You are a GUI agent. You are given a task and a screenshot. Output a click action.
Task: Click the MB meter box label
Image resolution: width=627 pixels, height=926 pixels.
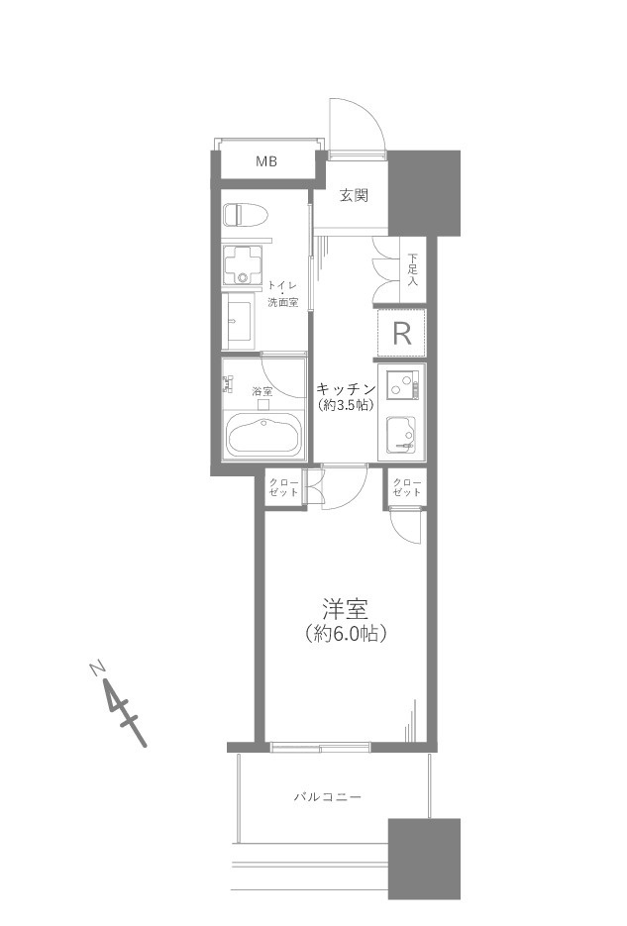tap(266, 160)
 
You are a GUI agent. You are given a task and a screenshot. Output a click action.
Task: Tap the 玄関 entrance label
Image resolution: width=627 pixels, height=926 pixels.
tap(354, 195)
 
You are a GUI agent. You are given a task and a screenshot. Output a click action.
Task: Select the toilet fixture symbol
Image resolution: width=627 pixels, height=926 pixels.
tap(245, 215)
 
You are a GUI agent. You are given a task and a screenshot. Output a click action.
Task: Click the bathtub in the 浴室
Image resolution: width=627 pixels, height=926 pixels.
tap(263, 435)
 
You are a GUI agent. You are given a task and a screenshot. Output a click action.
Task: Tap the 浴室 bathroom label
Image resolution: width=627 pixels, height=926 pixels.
tap(262, 391)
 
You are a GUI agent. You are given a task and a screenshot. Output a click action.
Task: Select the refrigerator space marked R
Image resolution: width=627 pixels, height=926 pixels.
tap(401, 334)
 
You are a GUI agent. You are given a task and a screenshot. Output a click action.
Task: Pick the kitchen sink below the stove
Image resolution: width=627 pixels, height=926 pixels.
tap(401, 435)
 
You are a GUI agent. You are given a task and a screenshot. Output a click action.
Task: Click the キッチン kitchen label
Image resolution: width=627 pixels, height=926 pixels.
tap(347, 388)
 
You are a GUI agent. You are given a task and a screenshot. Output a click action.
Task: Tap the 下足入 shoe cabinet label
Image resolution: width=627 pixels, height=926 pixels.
tap(413, 270)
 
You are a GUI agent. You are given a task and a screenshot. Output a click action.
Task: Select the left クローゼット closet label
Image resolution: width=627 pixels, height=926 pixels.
tap(283, 486)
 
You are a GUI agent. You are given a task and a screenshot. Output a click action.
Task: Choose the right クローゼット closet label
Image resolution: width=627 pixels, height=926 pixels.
tap(407, 486)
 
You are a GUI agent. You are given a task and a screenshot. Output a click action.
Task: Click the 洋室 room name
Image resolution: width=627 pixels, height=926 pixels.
tap(346, 609)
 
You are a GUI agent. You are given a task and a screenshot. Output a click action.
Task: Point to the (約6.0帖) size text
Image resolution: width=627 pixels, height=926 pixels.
tap(346, 634)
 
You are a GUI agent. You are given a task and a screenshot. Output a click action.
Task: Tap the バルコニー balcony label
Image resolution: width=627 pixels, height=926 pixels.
tap(328, 797)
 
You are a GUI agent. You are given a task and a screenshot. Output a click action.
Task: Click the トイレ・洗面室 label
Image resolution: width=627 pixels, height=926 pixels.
tap(283, 293)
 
